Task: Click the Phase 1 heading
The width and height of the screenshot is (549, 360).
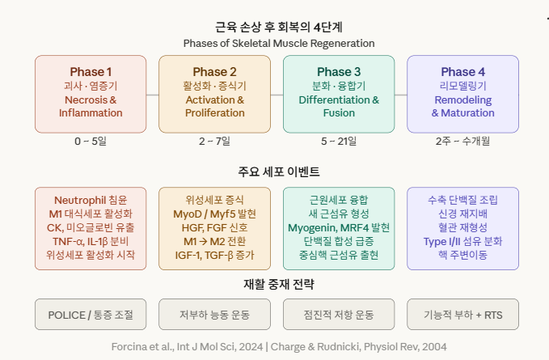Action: pyautogui.click(x=91, y=72)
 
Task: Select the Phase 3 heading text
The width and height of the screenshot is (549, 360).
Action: pyautogui.click(x=339, y=72)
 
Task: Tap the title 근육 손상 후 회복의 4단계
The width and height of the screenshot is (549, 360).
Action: pyautogui.click(x=279, y=27)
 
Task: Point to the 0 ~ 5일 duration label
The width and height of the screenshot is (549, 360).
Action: pyautogui.click(x=91, y=141)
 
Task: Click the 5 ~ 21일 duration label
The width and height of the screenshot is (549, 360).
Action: pyautogui.click(x=339, y=141)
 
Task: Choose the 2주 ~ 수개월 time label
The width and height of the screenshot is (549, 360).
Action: pyautogui.click(x=462, y=141)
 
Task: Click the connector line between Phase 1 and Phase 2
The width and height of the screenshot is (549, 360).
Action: pyautogui.click(x=153, y=95)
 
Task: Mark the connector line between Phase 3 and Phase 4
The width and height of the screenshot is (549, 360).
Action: pyautogui.click(x=401, y=95)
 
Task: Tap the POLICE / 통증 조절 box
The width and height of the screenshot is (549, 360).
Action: pyautogui.click(x=91, y=314)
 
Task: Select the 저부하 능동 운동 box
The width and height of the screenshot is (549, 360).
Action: pyautogui.click(x=214, y=314)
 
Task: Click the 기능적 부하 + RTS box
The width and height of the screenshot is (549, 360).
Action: pyautogui.click(x=462, y=314)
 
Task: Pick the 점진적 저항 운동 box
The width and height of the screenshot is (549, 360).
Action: pyautogui.click(x=339, y=314)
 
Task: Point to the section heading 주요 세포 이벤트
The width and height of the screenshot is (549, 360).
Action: pyautogui.click(x=279, y=172)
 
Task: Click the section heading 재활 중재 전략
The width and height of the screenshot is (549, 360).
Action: pyautogui.click(x=279, y=284)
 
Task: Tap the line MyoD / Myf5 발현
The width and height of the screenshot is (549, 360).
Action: pyautogui.click(x=214, y=214)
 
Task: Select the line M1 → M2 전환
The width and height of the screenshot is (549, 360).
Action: pyautogui.click(x=214, y=241)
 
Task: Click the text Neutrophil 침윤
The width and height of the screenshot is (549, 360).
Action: pyautogui.click(x=91, y=201)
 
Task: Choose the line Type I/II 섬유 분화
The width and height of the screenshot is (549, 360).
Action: pyautogui.click(x=462, y=241)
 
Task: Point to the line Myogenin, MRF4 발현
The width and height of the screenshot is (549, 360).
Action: pyautogui.click(x=339, y=227)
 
